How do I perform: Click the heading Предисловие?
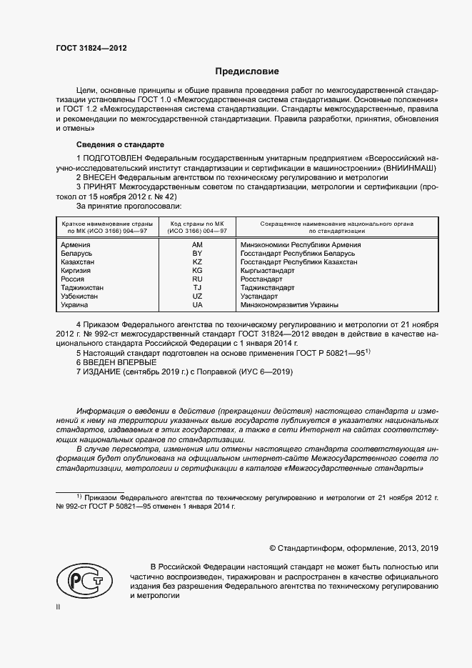(x=248, y=71)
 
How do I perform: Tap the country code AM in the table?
(x=198, y=245)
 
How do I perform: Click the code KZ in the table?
(x=198, y=262)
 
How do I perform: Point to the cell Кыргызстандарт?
(x=268, y=271)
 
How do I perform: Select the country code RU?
(x=198, y=279)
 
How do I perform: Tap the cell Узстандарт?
(x=259, y=296)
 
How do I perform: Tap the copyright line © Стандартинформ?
(x=353, y=548)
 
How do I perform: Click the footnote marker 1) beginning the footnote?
(x=79, y=495)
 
